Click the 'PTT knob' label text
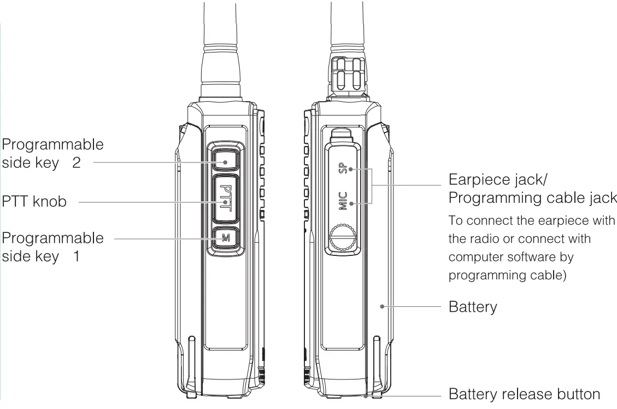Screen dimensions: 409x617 (34, 201)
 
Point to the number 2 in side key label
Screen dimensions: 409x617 (77, 163)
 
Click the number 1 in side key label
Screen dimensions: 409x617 (77, 256)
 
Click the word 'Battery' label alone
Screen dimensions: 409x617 (473, 307)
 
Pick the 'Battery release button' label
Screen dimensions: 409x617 (524, 394)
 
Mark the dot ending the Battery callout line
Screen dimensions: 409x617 (381, 307)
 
